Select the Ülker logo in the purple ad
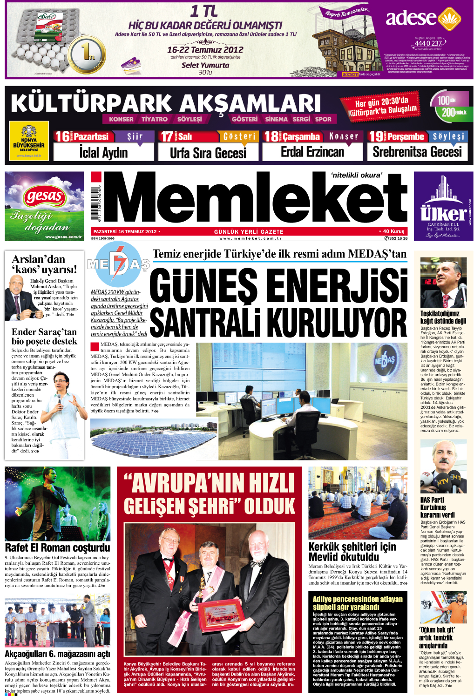click(x=443, y=213)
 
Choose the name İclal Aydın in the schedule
click(x=103, y=152)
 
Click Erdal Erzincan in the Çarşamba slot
click(x=312, y=152)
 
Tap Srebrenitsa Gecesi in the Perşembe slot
click(x=417, y=152)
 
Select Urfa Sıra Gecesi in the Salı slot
click(x=208, y=152)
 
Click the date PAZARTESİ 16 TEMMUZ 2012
click(x=125, y=231)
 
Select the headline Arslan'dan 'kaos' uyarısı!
click(x=44, y=264)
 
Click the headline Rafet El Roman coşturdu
click(x=58, y=547)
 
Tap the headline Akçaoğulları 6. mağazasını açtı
click(x=58, y=654)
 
